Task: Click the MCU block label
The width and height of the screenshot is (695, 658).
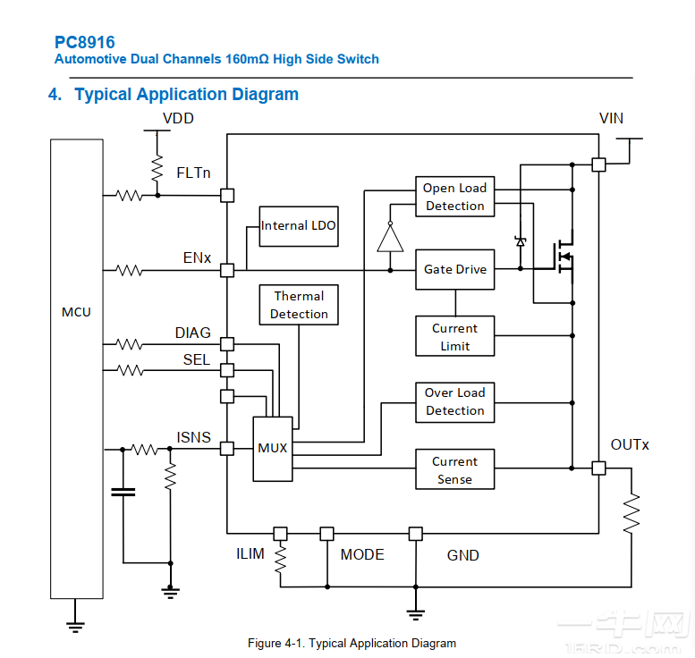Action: [x=76, y=312]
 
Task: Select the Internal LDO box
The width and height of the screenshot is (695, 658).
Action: [x=299, y=226]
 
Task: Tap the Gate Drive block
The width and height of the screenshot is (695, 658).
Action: [x=454, y=269]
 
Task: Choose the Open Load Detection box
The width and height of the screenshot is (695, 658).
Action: [x=454, y=197]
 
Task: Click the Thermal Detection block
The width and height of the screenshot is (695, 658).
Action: [x=299, y=305]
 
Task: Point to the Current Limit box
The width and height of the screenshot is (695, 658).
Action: [x=454, y=337]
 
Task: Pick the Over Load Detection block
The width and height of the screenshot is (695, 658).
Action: [x=454, y=401]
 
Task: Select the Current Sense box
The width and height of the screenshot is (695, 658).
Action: [x=454, y=470]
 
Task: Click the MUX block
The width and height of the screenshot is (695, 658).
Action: [x=272, y=448]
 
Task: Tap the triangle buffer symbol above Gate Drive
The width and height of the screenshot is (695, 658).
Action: [x=390, y=239]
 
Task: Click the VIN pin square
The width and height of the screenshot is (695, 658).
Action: [x=598, y=164]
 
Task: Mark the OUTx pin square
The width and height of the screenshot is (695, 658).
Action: [x=598, y=468]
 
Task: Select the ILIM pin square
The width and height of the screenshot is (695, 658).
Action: [x=280, y=534]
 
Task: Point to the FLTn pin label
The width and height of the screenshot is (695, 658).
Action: [x=193, y=173]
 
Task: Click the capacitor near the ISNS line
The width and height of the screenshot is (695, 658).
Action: [x=123, y=491]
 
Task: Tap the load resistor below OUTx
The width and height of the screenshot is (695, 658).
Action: [x=632, y=514]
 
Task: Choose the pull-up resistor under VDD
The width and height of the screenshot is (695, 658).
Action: [x=157, y=167]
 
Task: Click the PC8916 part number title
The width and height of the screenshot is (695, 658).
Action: [x=84, y=42]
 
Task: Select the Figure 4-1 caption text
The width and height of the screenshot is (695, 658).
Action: [x=352, y=643]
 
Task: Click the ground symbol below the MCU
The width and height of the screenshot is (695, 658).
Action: [x=76, y=627]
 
